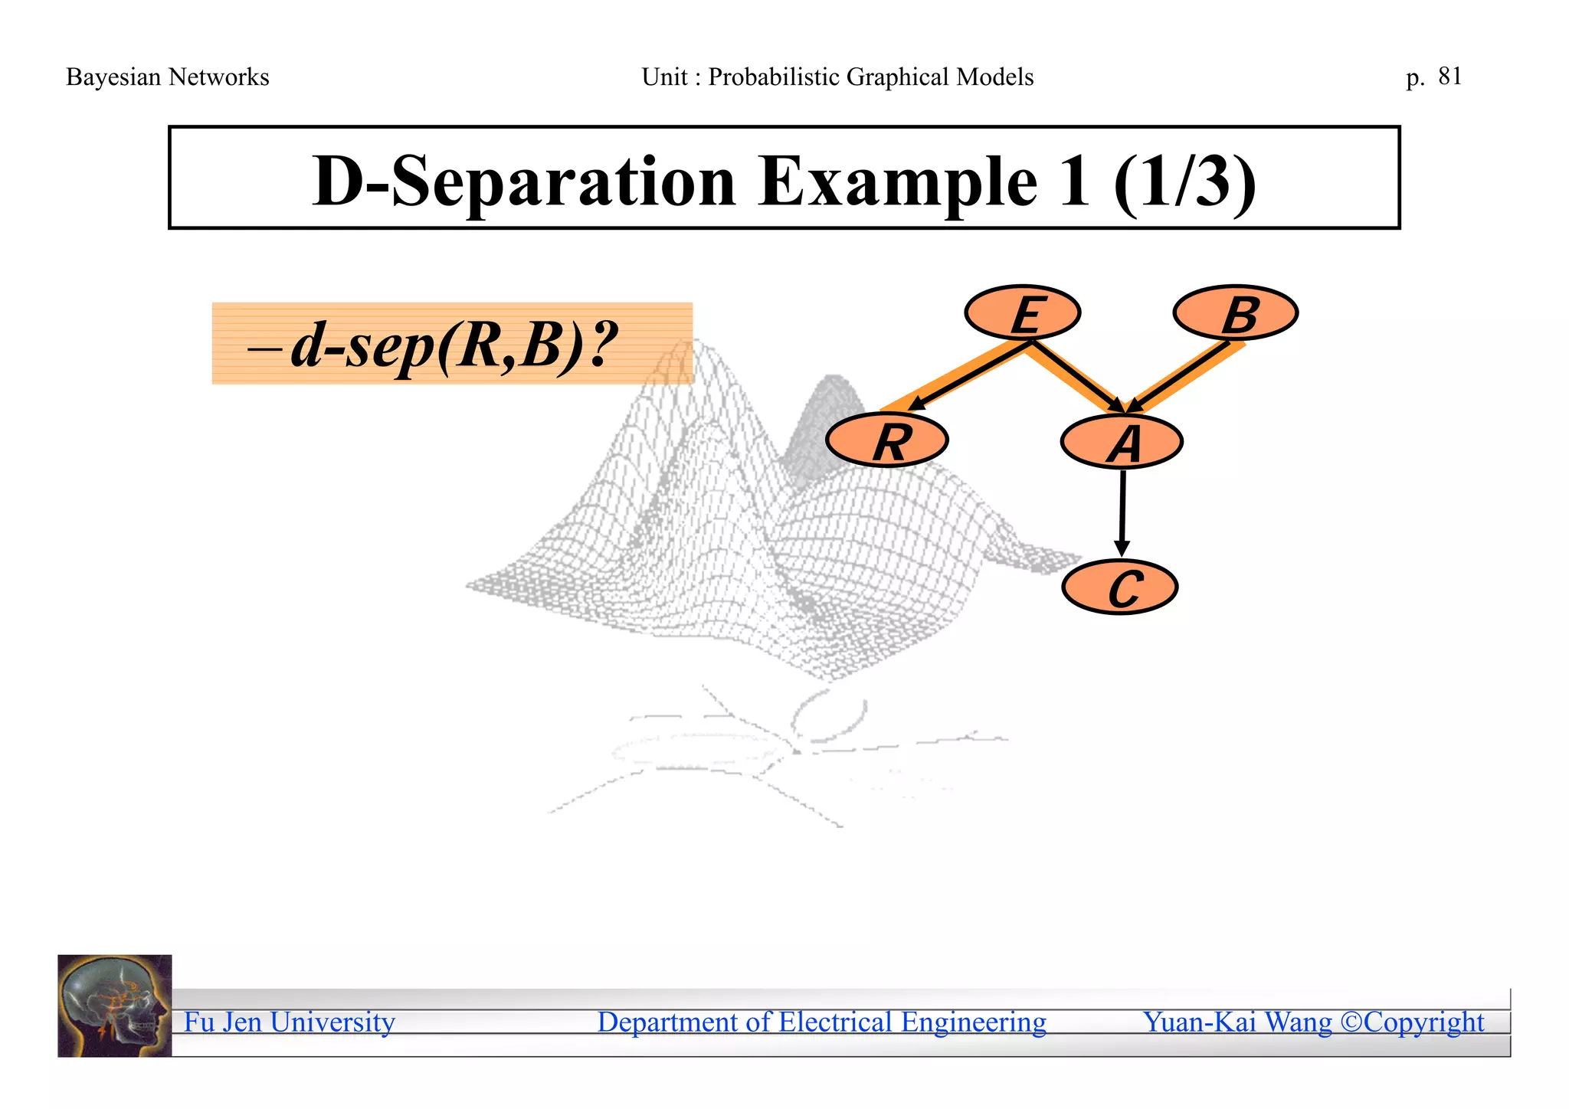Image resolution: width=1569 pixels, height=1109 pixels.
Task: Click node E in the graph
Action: click(x=1023, y=312)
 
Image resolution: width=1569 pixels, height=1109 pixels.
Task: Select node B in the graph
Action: click(x=1235, y=312)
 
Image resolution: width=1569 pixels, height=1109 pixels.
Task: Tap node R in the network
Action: click(x=887, y=441)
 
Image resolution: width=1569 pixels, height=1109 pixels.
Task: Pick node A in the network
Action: click(x=1122, y=443)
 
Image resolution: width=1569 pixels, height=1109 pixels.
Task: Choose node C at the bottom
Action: click(x=1120, y=587)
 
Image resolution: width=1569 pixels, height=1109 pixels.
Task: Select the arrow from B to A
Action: click(x=1181, y=377)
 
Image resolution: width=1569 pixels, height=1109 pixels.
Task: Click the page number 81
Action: click(x=1449, y=77)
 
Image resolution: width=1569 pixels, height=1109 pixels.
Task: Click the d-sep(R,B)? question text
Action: click(x=452, y=345)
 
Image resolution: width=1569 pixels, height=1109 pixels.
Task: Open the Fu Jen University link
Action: click(x=290, y=1022)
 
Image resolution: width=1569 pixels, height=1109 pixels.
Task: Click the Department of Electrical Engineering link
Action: click(x=821, y=1022)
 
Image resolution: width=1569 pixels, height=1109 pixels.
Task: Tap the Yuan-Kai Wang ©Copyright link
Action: click(x=1313, y=1022)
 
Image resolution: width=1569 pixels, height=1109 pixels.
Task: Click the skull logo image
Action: click(x=115, y=1006)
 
